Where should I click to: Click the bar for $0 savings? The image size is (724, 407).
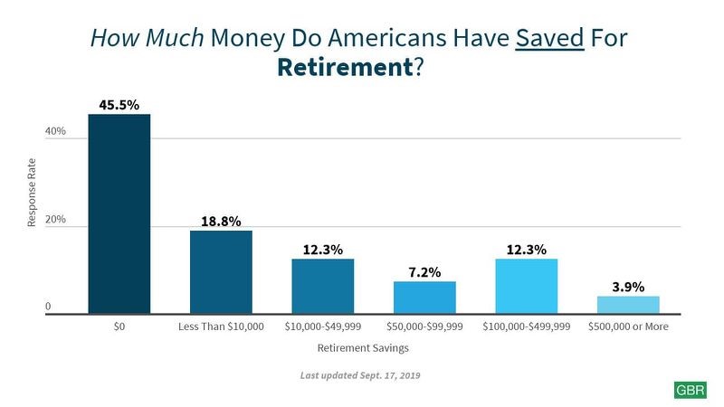(119, 214)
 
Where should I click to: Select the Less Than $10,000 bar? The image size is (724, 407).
(221, 272)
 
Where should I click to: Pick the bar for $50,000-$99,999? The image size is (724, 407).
(424, 298)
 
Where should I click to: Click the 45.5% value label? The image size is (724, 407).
(119, 105)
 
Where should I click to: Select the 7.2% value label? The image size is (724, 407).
(424, 271)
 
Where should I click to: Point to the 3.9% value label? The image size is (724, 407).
(628, 287)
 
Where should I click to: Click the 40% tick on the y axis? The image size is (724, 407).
(55, 132)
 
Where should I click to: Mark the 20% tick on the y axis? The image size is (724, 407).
(55, 220)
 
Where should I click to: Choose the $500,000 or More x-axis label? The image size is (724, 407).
(628, 327)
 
